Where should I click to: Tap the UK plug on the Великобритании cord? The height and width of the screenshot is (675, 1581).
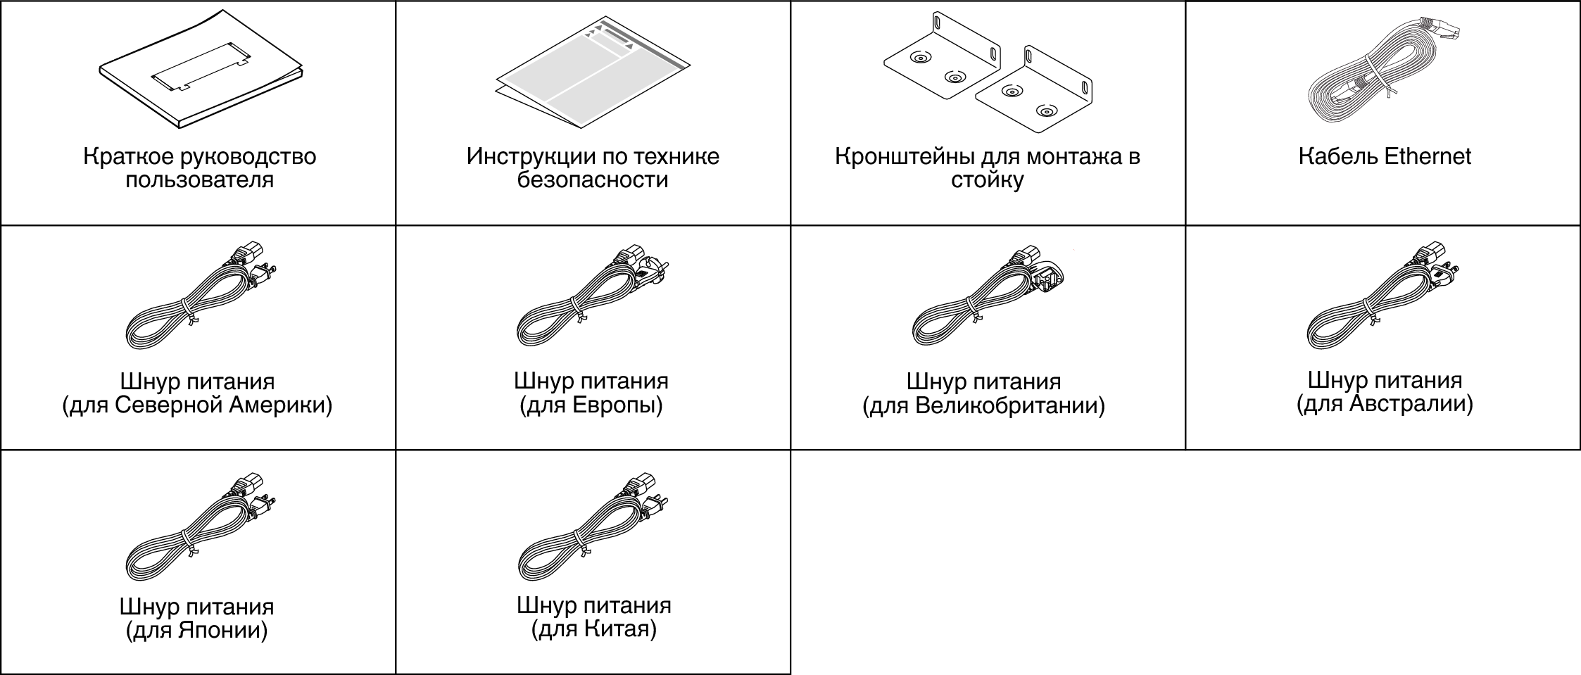(x=1049, y=276)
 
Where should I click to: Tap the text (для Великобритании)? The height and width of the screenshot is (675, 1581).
(x=983, y=406)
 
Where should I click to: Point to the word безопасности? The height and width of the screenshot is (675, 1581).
(x=593, y=180)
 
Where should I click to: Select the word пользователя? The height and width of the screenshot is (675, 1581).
(x=199, y=180)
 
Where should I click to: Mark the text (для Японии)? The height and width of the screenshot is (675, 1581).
(x=197, y=630)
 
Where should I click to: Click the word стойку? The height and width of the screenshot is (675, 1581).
(x=987, y=180)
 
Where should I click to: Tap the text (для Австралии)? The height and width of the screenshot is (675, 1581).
(x=1385, y=404)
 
